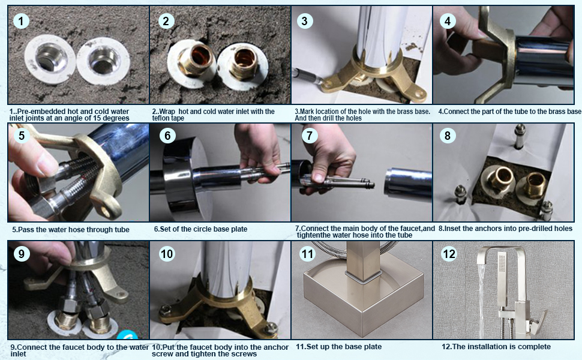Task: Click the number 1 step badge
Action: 21,21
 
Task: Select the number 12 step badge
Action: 449,254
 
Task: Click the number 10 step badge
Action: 167,254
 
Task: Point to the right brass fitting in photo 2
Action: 242,65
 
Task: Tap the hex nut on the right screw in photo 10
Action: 272,328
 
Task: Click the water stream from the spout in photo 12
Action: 481,297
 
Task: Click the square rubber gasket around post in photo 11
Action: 364,277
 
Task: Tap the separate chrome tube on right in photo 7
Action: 408,184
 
